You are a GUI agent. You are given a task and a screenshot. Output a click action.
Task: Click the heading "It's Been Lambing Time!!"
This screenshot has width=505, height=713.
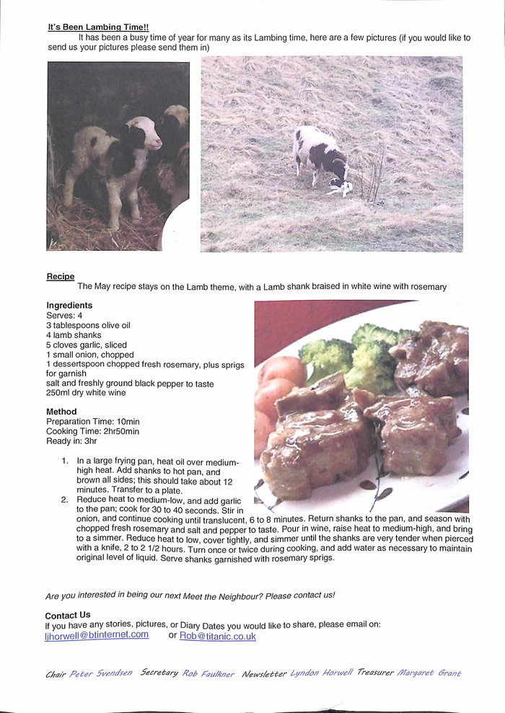[98, 27]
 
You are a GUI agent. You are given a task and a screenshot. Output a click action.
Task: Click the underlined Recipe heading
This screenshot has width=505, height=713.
[60, 276]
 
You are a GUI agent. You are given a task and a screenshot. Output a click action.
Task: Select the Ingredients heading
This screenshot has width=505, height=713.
[69, 306]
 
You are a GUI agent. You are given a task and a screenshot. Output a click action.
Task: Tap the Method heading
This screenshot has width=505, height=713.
[61, 412]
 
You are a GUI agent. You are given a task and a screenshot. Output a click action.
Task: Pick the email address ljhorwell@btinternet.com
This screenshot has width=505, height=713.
[97, 635]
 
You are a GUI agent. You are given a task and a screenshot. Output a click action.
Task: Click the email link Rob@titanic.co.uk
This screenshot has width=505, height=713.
[217, 637]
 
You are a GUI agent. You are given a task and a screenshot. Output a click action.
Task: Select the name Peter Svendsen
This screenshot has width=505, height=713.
[100, 674]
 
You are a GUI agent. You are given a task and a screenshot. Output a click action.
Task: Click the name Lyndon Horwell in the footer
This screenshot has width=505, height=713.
[322, 673]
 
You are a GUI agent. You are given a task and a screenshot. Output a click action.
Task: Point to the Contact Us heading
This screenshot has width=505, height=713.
[68, 615]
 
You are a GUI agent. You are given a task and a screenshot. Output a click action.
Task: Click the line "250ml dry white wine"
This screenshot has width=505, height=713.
[86, 393]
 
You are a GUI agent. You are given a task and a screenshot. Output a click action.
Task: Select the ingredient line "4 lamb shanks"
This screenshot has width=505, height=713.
[74, 335]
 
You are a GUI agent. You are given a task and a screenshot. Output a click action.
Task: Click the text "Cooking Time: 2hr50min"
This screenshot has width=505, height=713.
[92, 432]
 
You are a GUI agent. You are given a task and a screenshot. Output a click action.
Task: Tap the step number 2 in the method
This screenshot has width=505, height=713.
[64, 499]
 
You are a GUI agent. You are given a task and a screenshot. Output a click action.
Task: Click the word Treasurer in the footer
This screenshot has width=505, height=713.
[375, 673]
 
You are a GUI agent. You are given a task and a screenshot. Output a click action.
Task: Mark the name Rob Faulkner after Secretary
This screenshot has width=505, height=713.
[208, 673]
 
